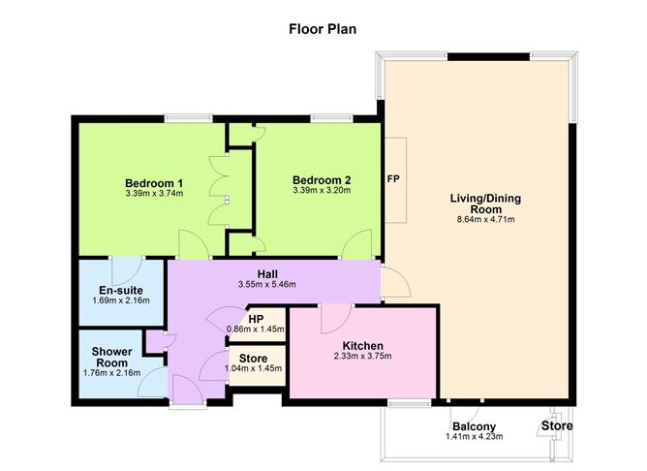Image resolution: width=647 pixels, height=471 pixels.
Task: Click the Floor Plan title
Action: pyautogui.click(x=323, y=28)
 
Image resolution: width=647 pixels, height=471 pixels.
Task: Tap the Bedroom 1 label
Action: pyautogui.click(x=154, y=182)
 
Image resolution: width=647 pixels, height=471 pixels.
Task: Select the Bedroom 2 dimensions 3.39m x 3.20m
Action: pyautogui.click(x=321, y=190)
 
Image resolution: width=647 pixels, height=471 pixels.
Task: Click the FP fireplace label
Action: pyautogui.click(x=393, y=179)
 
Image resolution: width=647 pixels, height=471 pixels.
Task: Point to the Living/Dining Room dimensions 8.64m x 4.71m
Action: pyautogui.click(x=484, y=220)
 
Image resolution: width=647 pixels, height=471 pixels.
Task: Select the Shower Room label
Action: pyautogui.click(x=111, y=357)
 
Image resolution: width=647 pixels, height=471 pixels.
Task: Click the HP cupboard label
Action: pyautogui.click(x=256, y=318)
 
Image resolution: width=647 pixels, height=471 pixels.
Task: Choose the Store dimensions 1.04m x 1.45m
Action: pyautogui.click(x=253, y=368)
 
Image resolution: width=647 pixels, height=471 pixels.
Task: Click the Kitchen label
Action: pyautogui.click(x=363, y=346)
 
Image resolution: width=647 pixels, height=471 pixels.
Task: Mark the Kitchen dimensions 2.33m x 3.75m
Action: pyautogui.click(x=363, y=357)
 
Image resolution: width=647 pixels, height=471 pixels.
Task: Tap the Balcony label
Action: pyautogui.click(x=474, y=426)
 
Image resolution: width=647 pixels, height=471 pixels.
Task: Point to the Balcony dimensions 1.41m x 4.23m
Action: pyautogui.click(x=474, y=437)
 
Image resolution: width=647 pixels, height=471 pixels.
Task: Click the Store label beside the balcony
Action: pyautogui.click(x=556, y=425)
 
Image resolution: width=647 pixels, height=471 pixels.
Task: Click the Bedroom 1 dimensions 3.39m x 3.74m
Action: pyautogui.click(x=154, y=193)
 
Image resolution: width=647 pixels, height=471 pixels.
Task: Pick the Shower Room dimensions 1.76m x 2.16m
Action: pyautogui.click(x=111, y=372)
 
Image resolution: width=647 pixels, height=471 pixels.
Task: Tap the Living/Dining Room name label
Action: pyautogui.click(x=484, y=204)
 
